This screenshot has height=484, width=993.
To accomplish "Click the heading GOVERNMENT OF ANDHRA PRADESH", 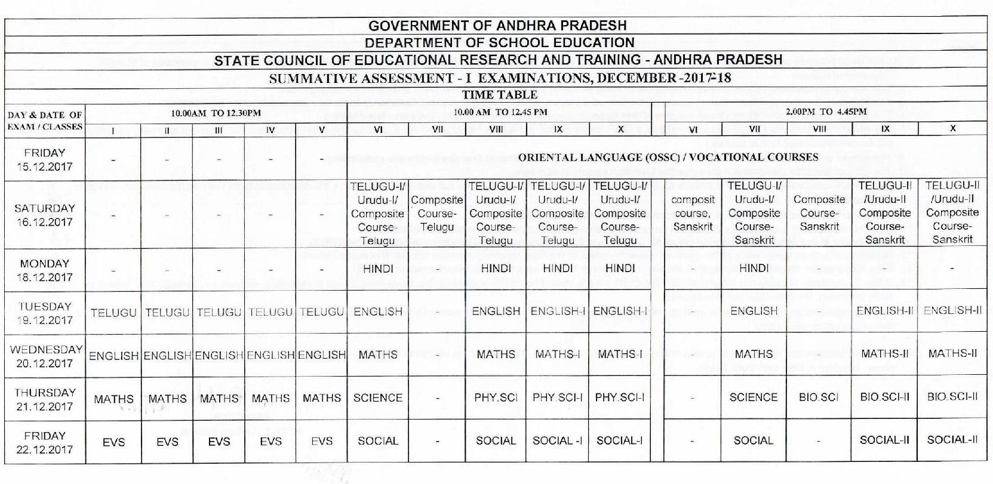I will pos(497,26).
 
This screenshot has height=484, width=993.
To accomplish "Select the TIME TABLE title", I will pos(499,95).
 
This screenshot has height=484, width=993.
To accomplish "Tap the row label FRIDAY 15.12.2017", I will pos(45,160).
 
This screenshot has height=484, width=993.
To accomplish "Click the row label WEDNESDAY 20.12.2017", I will pos(45,356).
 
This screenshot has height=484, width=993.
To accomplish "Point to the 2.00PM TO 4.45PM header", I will pos(826,112).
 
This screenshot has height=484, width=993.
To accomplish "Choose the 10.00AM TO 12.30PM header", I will pos(216,113).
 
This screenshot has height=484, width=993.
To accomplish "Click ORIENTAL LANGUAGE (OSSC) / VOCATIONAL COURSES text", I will pos(668,158).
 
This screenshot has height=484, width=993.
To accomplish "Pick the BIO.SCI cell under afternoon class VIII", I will pos(819,397).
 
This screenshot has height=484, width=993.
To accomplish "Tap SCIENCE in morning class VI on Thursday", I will pos(377,397).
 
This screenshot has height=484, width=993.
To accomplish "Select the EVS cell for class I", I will pos(113,442).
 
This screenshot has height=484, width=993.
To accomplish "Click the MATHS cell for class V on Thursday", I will pos(321,398).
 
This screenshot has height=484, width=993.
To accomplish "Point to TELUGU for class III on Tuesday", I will pos(219,312).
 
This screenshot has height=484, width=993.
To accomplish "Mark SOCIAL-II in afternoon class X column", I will pos(952,440).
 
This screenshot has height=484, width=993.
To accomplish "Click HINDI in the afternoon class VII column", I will pos(754,269).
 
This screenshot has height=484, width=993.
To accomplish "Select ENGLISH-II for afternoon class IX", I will pos(884,311).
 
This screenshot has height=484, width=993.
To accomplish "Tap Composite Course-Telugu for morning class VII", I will pos(437,214).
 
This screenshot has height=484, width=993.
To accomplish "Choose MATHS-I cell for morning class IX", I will pos(557,354).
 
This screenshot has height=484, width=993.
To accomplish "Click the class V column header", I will pos(321,129).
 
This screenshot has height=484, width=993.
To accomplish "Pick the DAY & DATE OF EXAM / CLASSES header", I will pos(45,121).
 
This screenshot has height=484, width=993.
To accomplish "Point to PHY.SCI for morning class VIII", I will pos(496,397).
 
